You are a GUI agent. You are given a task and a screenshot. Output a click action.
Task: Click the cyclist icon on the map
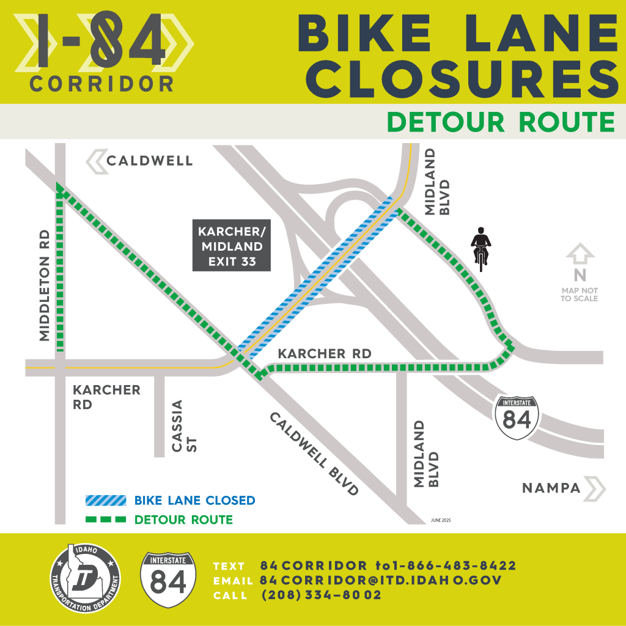(x=481, y=248)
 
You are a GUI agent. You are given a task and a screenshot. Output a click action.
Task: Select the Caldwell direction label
(x=149, y=161)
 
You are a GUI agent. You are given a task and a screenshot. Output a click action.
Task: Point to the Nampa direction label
(x=551, y=488)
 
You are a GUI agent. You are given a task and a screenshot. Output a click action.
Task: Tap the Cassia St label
(x=183, y=426)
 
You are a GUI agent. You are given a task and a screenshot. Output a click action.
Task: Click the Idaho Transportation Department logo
(x=86, y=578)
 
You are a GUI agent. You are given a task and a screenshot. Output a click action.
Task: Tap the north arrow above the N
(x=580, y=253)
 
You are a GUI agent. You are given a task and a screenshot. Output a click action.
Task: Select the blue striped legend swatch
(x=105, y=501)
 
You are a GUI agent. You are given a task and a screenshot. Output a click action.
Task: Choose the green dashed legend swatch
(x=105, y=520)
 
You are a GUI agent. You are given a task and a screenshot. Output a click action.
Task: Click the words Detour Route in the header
(x=501, y=122)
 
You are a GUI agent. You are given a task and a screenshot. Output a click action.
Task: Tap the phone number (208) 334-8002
(x=322, y=595)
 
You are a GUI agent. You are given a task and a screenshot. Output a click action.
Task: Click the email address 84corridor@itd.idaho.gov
(x=380, y=580)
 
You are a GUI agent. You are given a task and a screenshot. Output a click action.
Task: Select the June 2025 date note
(x=441, y=520)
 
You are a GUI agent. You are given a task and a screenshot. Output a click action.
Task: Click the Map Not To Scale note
(x=579, y=294)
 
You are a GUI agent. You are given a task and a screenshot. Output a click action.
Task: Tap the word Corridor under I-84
(x=101, y=84)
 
